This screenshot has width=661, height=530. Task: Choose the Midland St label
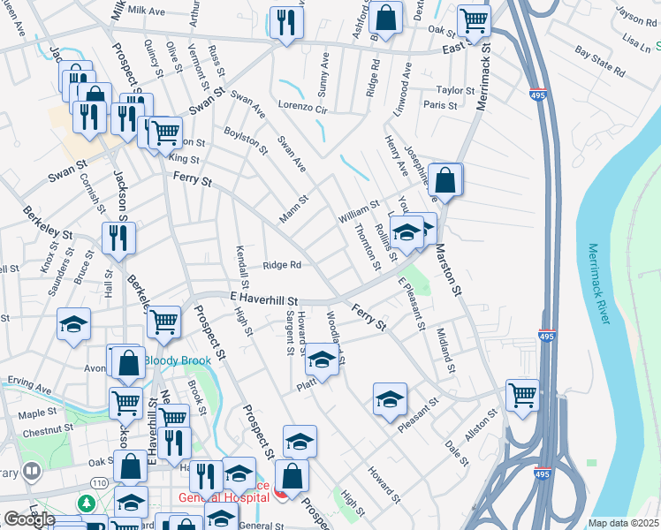click(445, 350)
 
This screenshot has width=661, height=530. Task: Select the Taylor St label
click(456, 90)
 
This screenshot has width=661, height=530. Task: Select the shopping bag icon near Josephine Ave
click(447, 178)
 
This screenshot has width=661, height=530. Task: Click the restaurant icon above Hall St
click(118, 237)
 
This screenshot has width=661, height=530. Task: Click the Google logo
click(29, 519)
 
